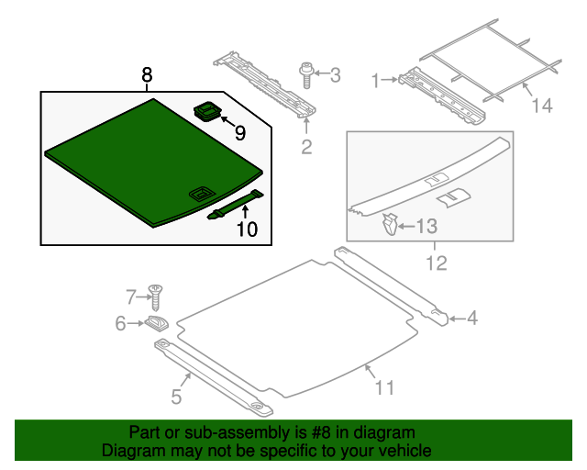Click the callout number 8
[x=147, y=74]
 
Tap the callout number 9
[x=240, y=133]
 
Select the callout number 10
[x=248, y=229]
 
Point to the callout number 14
[x=542, y=106]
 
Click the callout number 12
[x=437, y=263]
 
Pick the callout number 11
[x=385, y=387]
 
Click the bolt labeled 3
[x=305, y=75]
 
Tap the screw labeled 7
[x=155, y=297]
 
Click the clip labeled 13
[x=390, y=224]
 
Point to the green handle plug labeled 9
[x=207, y=111]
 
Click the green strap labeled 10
[x=236, y=205]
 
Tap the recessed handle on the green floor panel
[x=202, y=195]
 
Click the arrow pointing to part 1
[x=390, y=80]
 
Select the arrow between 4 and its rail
[x=457, y=319]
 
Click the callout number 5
[x=176, y=397]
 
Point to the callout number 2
[x=306, y=147]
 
